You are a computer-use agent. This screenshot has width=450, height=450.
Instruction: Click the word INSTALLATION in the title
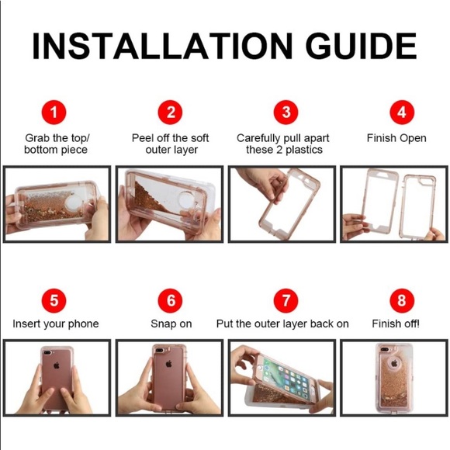coord(162,46)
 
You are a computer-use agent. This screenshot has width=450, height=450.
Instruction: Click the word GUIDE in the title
coord(361,46)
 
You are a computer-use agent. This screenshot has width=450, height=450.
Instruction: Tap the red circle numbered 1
coord(54,112)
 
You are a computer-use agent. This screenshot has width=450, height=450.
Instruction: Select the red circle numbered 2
coord(171,112)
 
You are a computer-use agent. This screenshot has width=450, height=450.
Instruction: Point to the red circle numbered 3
coord(286,112)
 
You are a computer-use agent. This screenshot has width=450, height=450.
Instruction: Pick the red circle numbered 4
coord(402,112)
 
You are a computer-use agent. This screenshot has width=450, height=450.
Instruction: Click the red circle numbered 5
coord(54,300)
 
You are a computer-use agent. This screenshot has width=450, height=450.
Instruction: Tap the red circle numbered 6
coord(171,300)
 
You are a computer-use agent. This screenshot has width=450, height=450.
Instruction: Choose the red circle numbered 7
coord(286,300)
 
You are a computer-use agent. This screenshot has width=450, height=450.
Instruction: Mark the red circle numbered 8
coord(402,300)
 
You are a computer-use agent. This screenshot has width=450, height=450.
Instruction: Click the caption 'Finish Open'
coord(396,138)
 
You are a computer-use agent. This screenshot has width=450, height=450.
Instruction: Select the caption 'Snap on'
coord(171,324)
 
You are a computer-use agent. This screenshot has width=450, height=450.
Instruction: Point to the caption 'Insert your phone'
coord(56,324)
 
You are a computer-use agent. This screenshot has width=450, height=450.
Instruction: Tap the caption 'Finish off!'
coord(396,324)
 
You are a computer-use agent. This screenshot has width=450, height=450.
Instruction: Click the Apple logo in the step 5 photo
coord(56,365)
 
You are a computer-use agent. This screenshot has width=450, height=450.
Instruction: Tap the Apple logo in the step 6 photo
coord(169,364)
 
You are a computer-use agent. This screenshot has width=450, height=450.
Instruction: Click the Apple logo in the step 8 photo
coord(395,364)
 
